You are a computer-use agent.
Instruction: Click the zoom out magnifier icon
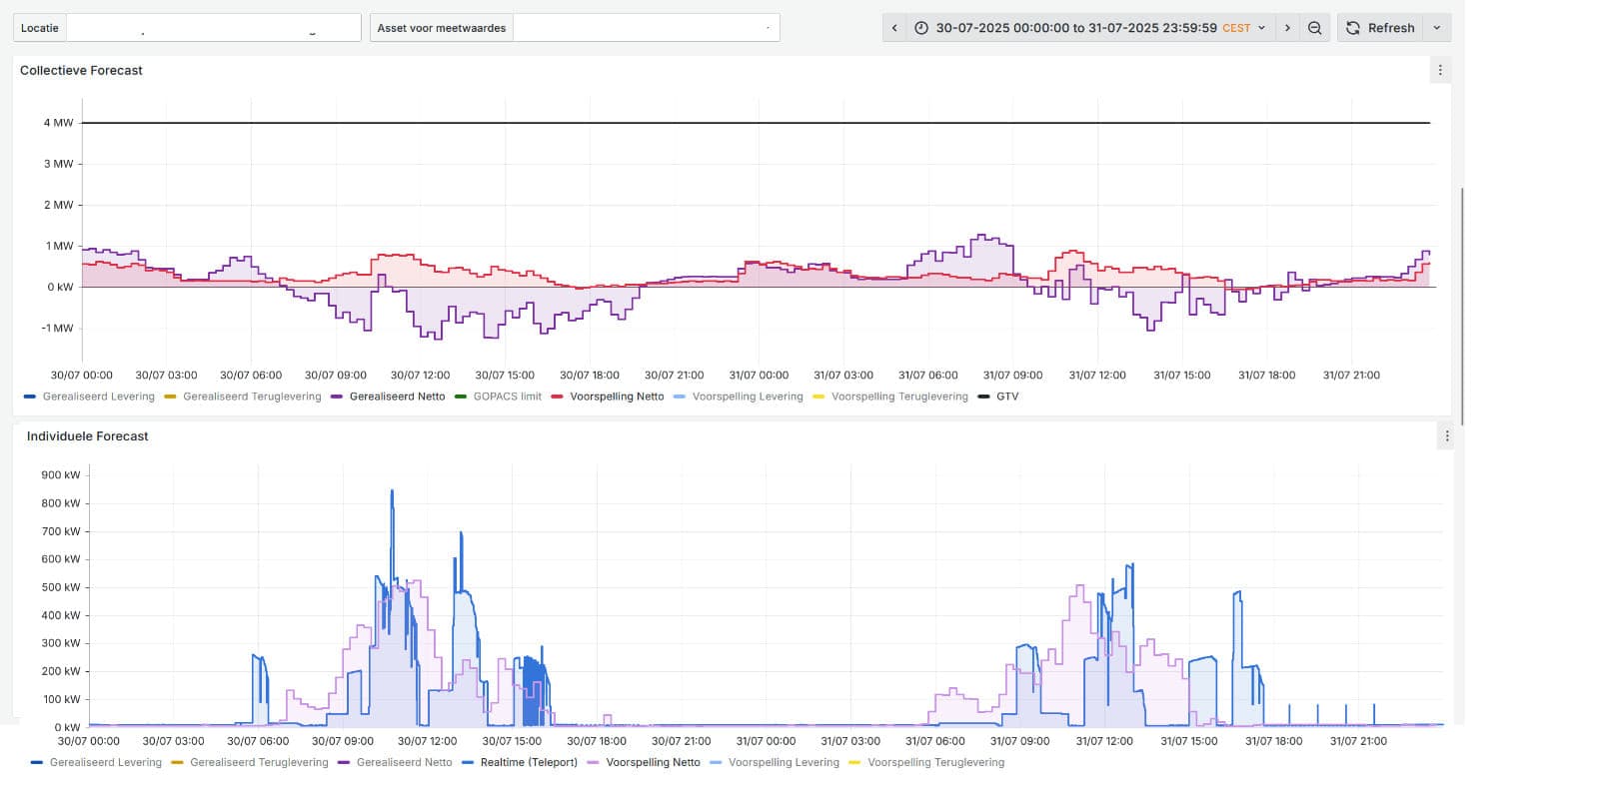[x=1314, y=28]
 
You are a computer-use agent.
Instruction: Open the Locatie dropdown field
[x=213, y=28]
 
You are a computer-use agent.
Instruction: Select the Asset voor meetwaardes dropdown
[x=646, y=28]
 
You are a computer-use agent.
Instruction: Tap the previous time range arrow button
[x=894, y=28]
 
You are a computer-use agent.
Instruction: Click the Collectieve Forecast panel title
[x=81, y=70]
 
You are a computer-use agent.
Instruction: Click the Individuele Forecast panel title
[x=87, y=436]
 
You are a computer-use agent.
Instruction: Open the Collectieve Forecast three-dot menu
[x=1440, y=70]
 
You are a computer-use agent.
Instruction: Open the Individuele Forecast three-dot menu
[x=1446, y=436]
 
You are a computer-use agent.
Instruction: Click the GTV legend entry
[x=1006, y=397]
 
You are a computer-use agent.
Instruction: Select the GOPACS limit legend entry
[x=507, y=397]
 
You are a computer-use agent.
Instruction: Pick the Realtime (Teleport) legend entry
[x=529, y=762]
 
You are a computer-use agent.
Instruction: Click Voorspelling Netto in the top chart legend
[x=616, y=397]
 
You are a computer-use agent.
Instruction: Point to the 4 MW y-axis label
[x=58, y=123]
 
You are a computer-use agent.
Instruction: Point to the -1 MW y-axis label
[x=57, y=328]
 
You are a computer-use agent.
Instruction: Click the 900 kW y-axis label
[x=60, y=475]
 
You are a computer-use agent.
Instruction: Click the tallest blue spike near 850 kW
[x=392, y=492]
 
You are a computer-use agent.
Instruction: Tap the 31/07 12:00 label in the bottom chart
[x=1103, y=741]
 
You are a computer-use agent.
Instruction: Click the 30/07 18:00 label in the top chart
[x=589, y=376]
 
